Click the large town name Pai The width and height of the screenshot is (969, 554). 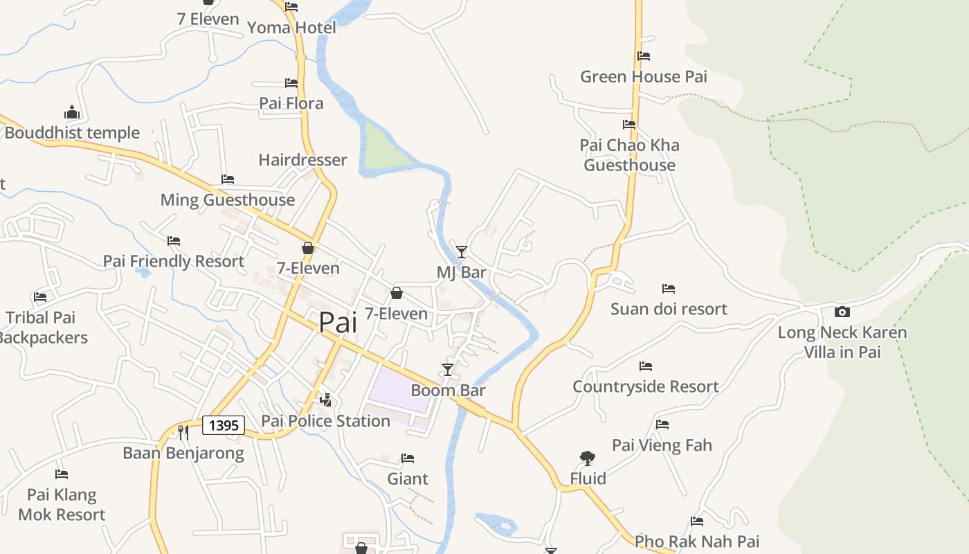[x=338, y=323]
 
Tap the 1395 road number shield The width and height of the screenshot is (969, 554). [x=224, y=425]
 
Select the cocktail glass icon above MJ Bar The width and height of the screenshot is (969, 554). [x=462, y=251]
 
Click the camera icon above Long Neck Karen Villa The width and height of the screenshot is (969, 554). [x=842, y=312]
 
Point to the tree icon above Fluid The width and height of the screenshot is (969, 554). [x=588, y=458]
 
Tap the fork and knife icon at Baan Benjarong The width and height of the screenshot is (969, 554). [x=183, y=432]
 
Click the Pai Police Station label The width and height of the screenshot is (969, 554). [x=325, y=421]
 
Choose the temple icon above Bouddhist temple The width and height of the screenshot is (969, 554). [x=72, y=112]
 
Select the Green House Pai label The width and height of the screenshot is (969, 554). [x=644, y=77]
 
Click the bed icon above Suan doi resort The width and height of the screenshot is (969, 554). [x=668, y=289]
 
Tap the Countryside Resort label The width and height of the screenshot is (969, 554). [x=646, y=386]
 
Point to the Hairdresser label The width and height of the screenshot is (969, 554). [x=302, y=160]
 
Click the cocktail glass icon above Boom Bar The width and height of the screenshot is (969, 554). [x=448, y=370]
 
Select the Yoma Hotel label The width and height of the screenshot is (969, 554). [x=291, y=28]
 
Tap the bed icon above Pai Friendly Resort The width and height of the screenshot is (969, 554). [x=174, y=241]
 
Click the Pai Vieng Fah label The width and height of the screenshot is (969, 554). [x=662, y=445]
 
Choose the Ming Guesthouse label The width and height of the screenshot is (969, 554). [x=228, y=200]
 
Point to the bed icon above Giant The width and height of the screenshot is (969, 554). [x=408, y=458]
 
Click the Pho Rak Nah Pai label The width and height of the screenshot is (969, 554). [x=697, y=542]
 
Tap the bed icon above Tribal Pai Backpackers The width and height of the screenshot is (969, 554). [x=40, y=297]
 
